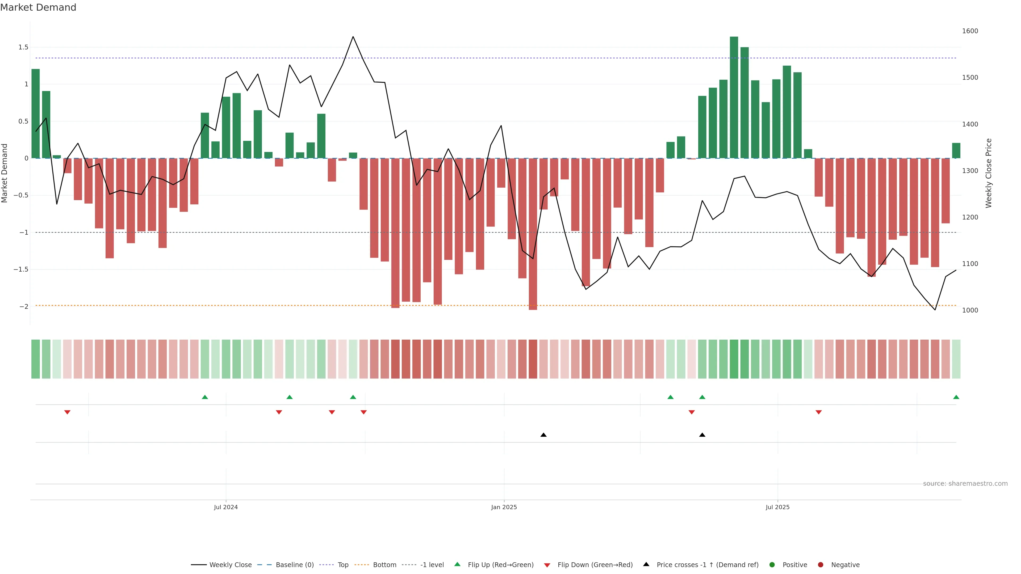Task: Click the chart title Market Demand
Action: tap(38, 7)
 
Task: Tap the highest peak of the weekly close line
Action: tap(353, 37)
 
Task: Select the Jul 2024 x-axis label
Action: tap(225, 507)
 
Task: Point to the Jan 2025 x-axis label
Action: tap(504, 507)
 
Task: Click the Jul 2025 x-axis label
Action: tap(777, 507)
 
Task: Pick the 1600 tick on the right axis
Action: tap(970, 31)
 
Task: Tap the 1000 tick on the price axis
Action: tap(970, 310)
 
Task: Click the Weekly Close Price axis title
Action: tap(989, 173)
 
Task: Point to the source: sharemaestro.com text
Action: tap(965, 484)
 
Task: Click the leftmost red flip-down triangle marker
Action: tap(67, 412)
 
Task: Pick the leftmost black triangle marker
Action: tap(543, 435)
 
